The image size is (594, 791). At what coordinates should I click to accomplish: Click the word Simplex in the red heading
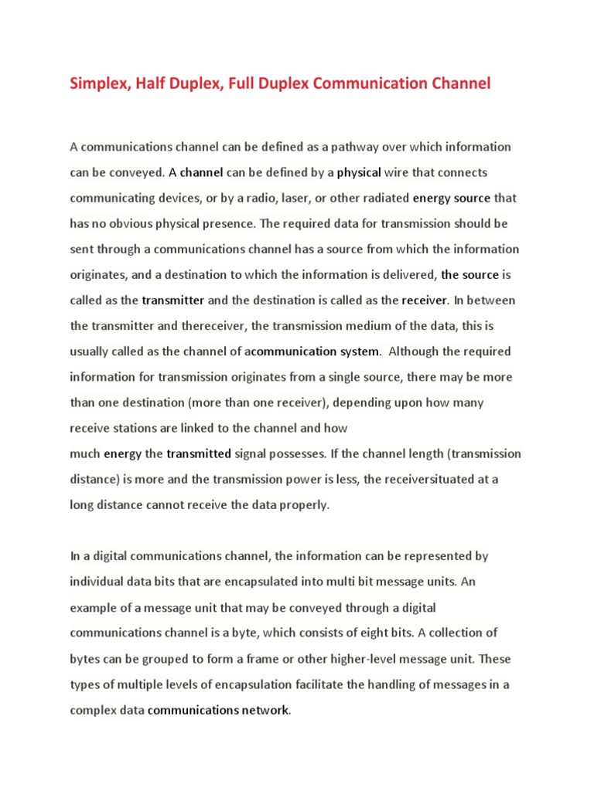[99, 83]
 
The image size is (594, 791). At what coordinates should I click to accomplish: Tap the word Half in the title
[159, 83]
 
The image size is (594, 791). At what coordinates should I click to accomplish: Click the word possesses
[274, 453]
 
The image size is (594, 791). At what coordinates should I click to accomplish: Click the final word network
[265, 709]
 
